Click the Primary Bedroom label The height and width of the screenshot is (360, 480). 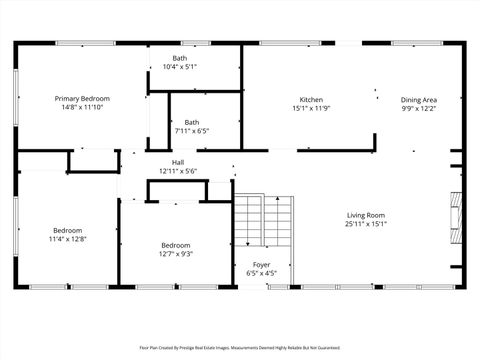click(82, 99)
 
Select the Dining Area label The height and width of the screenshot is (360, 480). click(418, 99)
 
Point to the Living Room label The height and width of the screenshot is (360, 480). click(366, 215)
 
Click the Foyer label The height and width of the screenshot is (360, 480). click(261, 264)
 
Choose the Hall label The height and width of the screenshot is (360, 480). click(178, 162)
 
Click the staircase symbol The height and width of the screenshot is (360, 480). click(265, 222)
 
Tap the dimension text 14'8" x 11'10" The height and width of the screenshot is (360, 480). click(82, 108)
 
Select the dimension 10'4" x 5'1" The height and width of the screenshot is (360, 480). click(179, 67)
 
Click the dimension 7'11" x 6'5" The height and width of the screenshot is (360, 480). click(191, 130)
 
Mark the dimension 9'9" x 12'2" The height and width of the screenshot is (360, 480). click(418, 108)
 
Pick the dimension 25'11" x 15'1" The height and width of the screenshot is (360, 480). click(366, 224)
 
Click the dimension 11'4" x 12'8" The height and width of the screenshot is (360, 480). click(68, 239)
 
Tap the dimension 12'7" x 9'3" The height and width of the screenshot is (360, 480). click(176, 254)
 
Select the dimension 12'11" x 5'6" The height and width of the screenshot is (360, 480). click(178, 171)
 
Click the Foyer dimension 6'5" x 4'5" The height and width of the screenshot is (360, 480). click(261, 273)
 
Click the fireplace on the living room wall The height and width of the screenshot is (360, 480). click(457, 213)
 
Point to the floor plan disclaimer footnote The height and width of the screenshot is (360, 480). click(239, 348)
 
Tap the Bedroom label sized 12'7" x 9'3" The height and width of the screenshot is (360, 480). click(176, 245)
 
